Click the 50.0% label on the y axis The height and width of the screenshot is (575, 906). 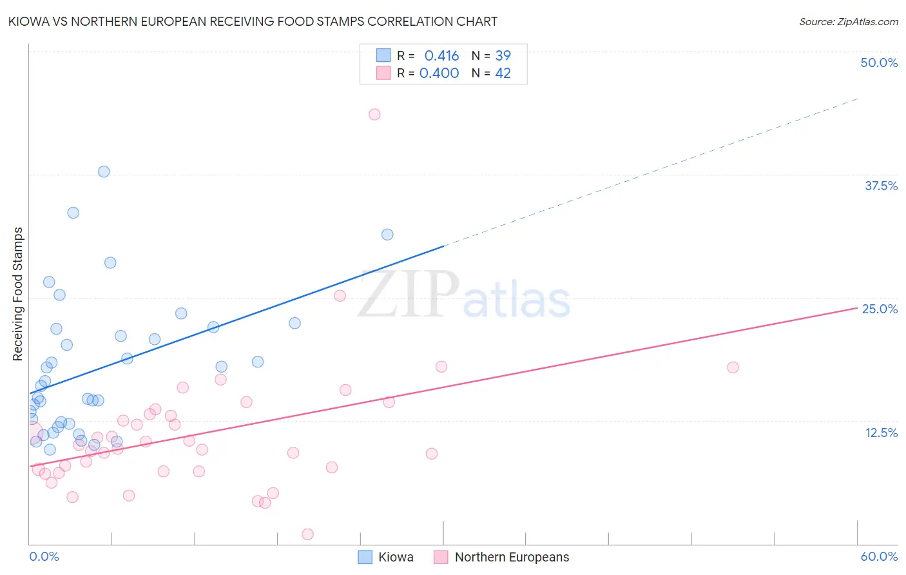(x=878, y=63)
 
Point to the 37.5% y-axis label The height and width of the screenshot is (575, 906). (x=880, y=186)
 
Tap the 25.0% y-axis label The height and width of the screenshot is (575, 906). (x=880, y=309)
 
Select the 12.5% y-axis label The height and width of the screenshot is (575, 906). (x=881, y=433)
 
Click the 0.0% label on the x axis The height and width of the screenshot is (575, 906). (x=44, y=556)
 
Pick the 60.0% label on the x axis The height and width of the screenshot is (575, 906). (x=878, y=556)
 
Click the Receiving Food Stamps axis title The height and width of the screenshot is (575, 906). (x=18, y=294)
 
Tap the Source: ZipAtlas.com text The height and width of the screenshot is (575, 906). (x=848, y=21)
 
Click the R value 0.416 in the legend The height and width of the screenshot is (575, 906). (x=441, y=55)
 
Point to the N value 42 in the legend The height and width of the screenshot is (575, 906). (x=503, y=73)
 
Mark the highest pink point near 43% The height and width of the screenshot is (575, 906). (x=374, y=114)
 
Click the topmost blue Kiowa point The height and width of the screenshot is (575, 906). (x=104, y=171)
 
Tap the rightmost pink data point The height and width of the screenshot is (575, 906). (x=733, y=367)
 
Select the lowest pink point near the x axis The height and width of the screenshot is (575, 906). (x=307, y=534)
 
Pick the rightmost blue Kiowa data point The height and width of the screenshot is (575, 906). (x=387, y=235)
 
